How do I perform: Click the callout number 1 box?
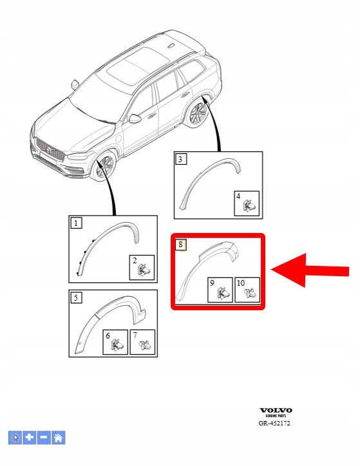pos(76,223)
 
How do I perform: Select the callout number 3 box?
pos(181,159)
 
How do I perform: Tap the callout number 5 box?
pos(76,297)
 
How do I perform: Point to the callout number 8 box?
pos(181,245)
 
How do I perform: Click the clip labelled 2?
pos(144,270)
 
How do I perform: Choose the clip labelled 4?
pos(249,206)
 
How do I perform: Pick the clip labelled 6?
pos(117,345)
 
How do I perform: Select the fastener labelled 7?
pos(146,345)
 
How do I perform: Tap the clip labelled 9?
pos(222,293)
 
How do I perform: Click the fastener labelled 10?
pos(250,294)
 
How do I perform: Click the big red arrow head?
pos(289,270)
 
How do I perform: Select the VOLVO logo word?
pos(276,411)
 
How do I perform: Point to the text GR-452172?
pos(274,424)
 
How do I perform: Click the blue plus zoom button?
pos(30,438)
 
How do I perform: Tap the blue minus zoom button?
pos(44,438)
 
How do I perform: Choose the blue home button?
pos(58,438)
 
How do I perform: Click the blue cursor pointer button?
pos(15,438)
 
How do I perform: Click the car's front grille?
pos(50,151)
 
